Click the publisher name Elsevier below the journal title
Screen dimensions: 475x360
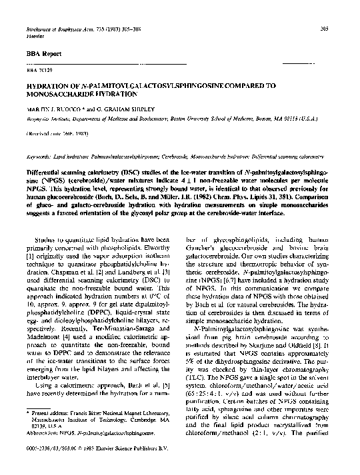(35, 18)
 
